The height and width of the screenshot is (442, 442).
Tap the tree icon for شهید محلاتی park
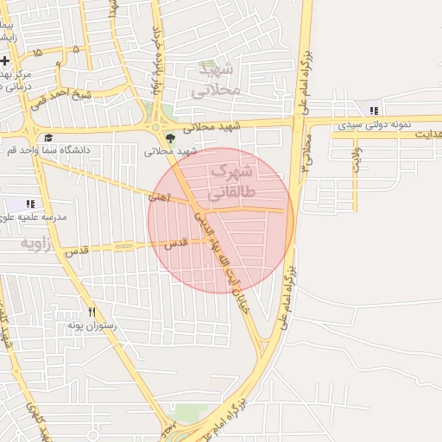[x=167, y=137]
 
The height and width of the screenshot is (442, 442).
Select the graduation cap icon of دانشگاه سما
[x=48, y=137]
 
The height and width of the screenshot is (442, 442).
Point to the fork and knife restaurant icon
[x=92, y=313]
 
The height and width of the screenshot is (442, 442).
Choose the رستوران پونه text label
[x=96, y=327]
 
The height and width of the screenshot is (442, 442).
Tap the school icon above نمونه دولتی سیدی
[x=374, y=110]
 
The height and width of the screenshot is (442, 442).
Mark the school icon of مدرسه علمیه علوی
[x=30, y=204]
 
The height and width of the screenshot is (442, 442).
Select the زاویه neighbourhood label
[x=40, y=244]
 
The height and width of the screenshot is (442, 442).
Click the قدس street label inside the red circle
[x=176, y=244]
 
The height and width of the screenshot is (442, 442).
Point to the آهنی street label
[x=159, y=198]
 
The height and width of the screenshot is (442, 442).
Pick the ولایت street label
[x=356, y=159]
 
